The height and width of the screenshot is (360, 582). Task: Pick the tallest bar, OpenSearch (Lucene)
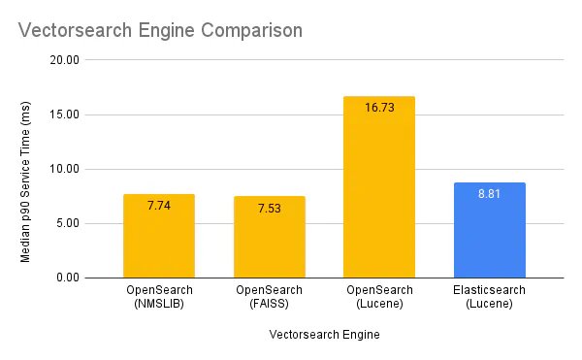click(x=379, y=194)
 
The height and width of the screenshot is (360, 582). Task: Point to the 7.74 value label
click(x=159, y=206)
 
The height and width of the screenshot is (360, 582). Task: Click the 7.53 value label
click(x=269, y=209)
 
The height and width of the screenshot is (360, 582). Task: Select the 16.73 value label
click(x=379, y=108)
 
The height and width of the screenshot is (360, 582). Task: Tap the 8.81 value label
click(x=489, y=194)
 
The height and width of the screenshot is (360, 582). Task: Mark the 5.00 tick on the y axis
click(x=67, y=223)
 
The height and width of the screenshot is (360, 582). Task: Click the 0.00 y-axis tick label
click(x=67, y=278)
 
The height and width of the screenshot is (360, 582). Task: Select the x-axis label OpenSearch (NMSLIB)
click(x=159, y=297)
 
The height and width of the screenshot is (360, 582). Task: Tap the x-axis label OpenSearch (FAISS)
click(x=269, y=297)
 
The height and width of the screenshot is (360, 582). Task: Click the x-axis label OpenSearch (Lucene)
click(x=379, y=297)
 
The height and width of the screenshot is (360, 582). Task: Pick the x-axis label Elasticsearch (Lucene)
click(x=489, y=297)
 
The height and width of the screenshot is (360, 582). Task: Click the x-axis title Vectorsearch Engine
click(x=324, y=335)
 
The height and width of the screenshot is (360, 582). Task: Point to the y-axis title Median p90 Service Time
click(x=26, y=169)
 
